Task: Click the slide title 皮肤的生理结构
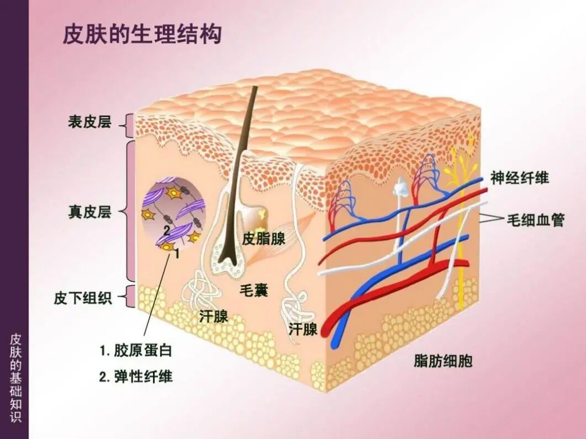click(142, 34)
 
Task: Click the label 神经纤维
click(520, 178)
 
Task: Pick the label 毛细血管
click(535, 220)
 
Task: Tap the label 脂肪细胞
click(443, 361)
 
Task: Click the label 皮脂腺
click(264, 239)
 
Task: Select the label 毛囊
click(254, 289)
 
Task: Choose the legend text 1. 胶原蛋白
click(136, 350)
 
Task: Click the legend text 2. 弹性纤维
click(136, 377)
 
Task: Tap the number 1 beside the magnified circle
click(177, 254)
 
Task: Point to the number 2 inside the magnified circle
click(166, 229)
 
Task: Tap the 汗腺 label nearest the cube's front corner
click(303, 329)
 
